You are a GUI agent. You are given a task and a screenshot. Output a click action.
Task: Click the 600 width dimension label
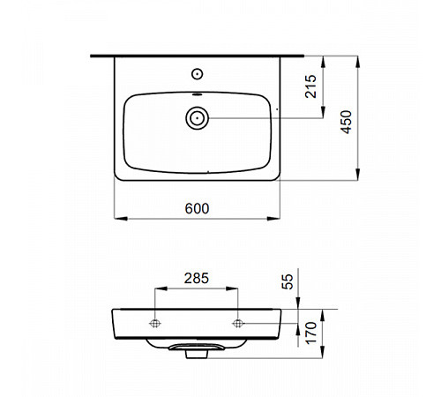[197, 208]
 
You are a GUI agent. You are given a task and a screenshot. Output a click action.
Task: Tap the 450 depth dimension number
[346, 122]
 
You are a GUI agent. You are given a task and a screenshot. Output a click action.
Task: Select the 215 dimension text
[310, 86]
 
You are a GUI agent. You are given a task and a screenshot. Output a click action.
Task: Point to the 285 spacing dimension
[197, 278]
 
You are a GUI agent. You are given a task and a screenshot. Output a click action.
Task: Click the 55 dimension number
[288, 281]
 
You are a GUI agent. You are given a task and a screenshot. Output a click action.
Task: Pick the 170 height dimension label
[310, 333]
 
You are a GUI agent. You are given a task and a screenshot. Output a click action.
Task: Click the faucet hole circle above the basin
[197, 74]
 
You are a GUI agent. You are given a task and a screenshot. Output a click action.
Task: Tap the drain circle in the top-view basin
[197, 118]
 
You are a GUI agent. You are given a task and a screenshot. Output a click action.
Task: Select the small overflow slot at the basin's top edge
[197, 94]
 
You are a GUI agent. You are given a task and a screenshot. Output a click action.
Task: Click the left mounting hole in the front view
[155, 324]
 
